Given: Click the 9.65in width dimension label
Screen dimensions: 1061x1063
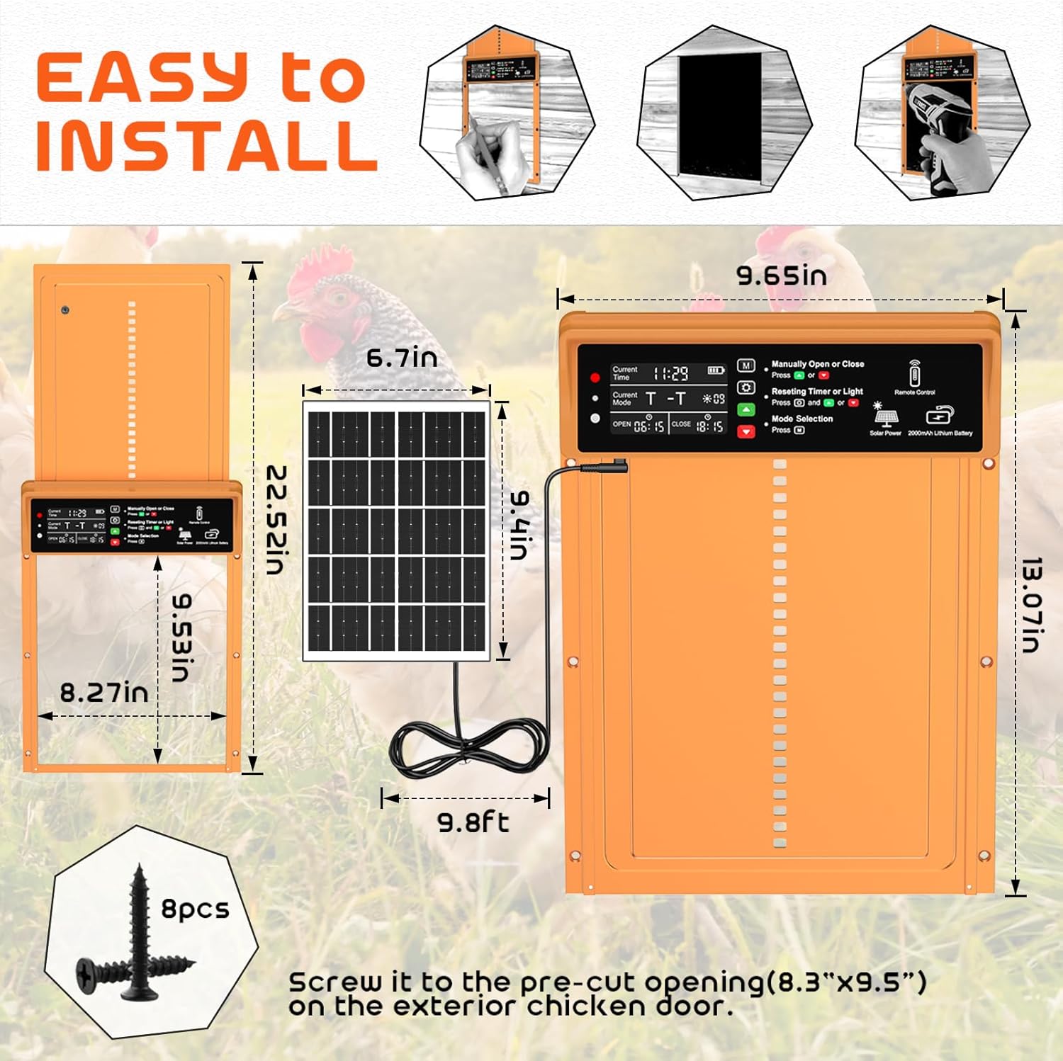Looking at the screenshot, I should (781, 276).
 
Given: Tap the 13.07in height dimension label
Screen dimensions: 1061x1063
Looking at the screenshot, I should (1031, 604).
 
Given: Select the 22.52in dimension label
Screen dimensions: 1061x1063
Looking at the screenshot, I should (276, 520).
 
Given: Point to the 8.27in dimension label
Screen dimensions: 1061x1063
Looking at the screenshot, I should (104, 693).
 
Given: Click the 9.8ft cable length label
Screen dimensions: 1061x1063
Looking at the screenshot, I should (473, 822).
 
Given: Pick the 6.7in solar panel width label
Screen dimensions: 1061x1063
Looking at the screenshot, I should (401, 358).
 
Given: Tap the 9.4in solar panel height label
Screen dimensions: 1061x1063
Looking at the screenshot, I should (520, 525).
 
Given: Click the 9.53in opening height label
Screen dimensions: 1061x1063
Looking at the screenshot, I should (182, 637).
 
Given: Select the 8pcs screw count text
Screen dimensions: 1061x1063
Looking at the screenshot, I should (195, 909).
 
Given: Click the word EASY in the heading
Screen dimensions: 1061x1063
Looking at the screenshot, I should (142, 78).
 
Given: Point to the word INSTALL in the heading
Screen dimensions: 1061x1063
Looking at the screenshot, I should (206, 146).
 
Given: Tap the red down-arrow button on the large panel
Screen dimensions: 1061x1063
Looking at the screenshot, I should (746, 431).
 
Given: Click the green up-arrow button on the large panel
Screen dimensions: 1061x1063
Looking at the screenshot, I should (746, 409).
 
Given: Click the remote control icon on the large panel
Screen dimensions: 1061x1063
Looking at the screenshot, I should (914, 373).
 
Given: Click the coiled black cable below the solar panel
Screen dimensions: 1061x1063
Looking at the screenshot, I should (468, 749).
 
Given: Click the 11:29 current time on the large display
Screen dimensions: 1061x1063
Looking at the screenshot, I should (670, 373).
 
